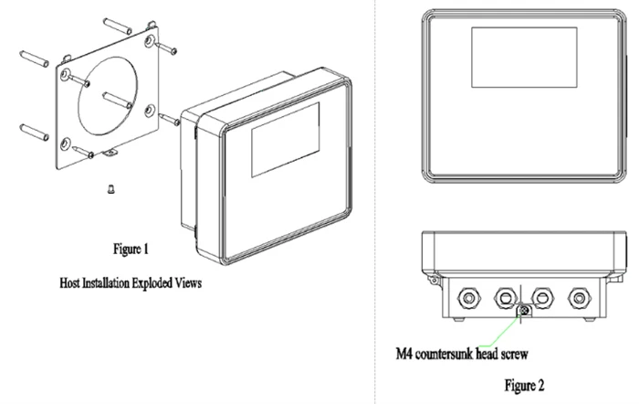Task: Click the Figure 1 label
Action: [131, 249]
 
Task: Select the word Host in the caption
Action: [69, 282]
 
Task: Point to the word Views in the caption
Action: [188, 282]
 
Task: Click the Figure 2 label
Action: [524, 385]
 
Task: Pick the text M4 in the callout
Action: [403, 354]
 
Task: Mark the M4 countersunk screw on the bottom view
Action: [525, 311]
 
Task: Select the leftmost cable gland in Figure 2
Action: [468, 298]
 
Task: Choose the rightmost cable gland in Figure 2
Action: [579, 298]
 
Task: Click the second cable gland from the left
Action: [506, 298]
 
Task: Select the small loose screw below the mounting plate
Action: [110, 189]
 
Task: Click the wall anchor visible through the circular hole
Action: [117, 101]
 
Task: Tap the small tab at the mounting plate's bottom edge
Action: [110, 153]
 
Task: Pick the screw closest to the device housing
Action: [169, 120]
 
